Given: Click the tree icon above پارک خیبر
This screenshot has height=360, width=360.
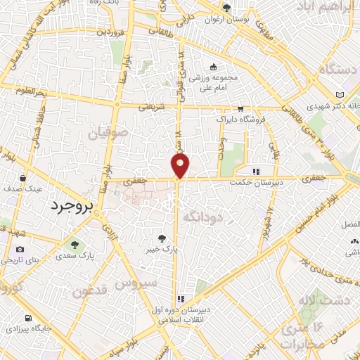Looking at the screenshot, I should [x=163, y=238].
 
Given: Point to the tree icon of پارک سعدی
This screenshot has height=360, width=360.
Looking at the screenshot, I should [x=75, y=245].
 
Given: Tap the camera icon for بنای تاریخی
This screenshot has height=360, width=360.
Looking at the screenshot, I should [x=19, y=249].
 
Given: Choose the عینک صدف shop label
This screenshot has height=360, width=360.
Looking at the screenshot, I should [x=25, y=189].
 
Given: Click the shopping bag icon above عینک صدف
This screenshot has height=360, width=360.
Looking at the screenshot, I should [x=24, y=179].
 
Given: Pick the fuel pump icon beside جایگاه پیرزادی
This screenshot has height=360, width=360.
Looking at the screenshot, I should [x=27, y=318].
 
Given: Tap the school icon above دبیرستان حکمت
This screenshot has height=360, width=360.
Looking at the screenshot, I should [x=257, y=170].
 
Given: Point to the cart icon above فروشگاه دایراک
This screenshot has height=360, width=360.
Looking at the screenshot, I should [x=241, y=108].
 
